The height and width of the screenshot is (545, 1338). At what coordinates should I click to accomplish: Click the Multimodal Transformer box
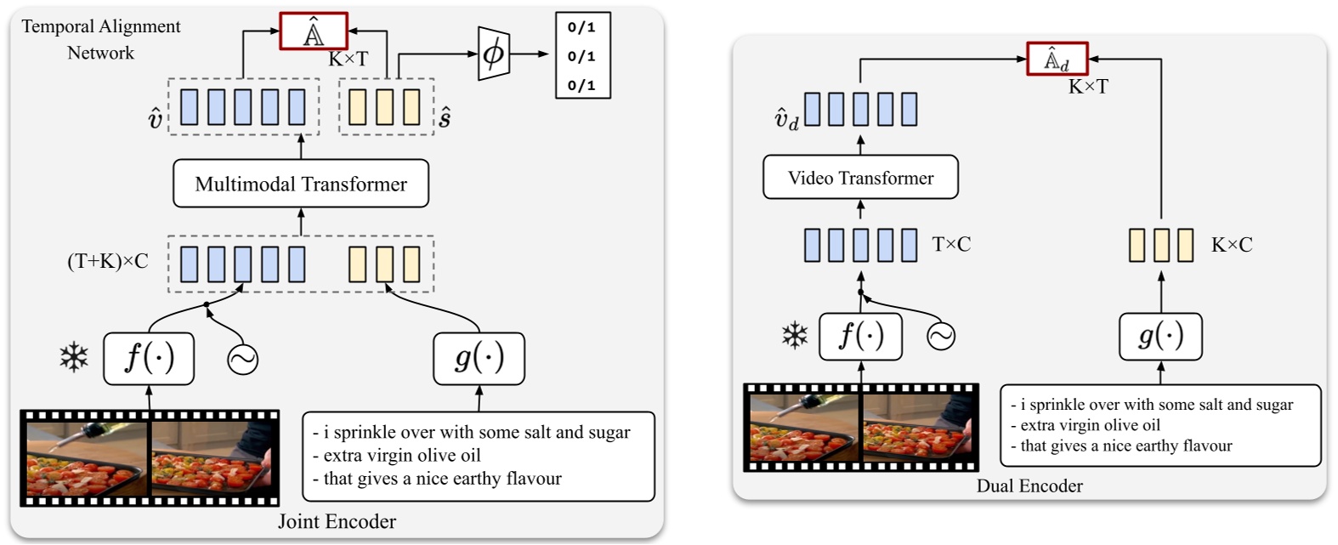[x=301, y=184]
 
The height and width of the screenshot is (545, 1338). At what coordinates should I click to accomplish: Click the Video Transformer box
[x=860, y=178]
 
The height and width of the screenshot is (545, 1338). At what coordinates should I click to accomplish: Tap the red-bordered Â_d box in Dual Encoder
[x=1057, y=60]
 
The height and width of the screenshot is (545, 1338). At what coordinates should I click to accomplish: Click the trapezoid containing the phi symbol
[x=493, y=54]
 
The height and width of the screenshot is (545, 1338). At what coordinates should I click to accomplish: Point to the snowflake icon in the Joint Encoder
[x=74, y=358]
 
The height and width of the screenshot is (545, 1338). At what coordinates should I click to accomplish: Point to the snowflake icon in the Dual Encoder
[x=795, y=336]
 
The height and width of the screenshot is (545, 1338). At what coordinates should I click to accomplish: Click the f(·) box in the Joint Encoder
[x=149, y=358]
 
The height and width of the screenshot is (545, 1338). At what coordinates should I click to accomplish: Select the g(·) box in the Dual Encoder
[x=1160, y=336]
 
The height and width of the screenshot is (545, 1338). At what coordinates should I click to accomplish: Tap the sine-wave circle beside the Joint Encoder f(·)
[x=242, y=360]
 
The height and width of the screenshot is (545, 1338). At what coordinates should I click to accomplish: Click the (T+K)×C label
[x=107, y=261]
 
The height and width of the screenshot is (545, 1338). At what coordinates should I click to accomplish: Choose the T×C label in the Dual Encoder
[x=951, y=245]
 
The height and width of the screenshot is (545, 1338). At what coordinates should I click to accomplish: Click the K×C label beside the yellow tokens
[x=1232, y=245]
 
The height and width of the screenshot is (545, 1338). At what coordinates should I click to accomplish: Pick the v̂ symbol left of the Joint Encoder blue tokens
[x=155, y=119]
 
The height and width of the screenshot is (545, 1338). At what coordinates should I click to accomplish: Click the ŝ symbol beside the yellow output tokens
[x=445, y=118]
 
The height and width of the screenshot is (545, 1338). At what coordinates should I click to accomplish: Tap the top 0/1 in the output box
[x=581, y=28]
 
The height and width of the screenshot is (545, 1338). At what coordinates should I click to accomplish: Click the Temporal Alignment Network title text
[x=100, y=39]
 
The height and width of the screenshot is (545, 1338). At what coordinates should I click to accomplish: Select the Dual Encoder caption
[x=1029, y=486]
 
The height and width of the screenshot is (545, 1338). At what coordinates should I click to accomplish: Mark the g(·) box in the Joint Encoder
[x=479, y=358]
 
